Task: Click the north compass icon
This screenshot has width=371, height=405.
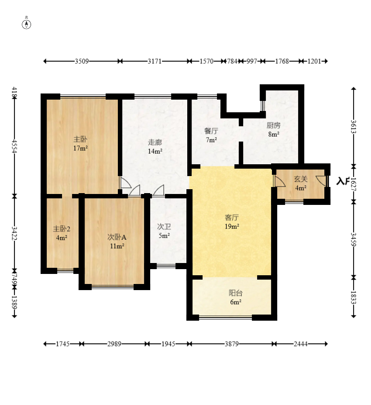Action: point(26,24)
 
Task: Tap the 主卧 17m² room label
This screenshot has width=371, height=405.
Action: point(80,144)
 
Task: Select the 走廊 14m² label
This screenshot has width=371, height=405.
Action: point(155,147)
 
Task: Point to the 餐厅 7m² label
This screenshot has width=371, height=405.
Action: point(211,135)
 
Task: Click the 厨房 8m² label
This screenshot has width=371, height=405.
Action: point(274,130)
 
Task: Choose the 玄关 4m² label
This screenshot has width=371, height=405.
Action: point(301,183)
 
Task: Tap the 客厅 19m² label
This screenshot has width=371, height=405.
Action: point(232,222)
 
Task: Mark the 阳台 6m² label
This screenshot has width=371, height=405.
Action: point(236,297)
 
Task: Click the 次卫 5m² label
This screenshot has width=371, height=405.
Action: point(164,231)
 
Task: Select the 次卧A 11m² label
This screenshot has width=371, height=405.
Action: point(117,241)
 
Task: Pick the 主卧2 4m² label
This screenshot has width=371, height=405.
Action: point(62,233)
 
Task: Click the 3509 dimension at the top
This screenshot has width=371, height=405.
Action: point(82,61)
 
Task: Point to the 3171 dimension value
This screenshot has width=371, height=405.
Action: point(155,61)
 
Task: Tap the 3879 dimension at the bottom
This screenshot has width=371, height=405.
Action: point(231,344)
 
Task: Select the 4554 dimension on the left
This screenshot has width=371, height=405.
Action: point(14,146)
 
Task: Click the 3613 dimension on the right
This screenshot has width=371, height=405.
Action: point(354,127)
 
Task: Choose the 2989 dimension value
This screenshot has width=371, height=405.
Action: point(114,344)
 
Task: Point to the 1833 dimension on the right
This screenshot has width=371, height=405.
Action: point(354,298)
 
